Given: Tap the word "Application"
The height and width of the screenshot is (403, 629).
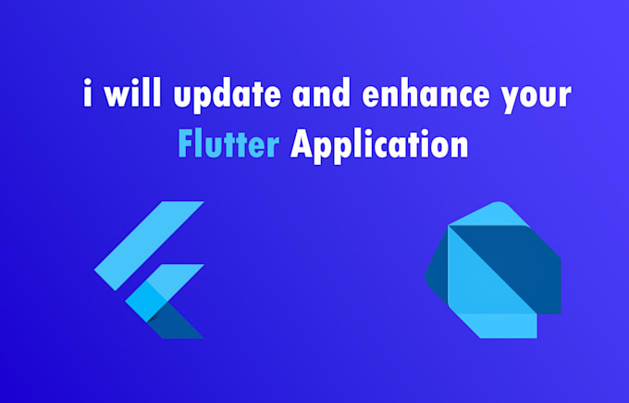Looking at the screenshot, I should [378, 146].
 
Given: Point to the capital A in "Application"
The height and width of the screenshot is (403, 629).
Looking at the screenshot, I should [302, 145].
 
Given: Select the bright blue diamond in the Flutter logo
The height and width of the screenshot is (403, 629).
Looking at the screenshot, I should [145, 301].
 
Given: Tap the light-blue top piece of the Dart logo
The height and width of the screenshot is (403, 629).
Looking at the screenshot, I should [482, 222].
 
